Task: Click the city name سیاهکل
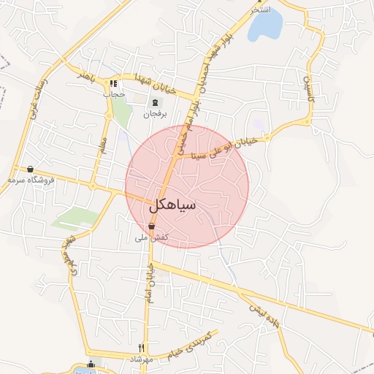click(176, 205)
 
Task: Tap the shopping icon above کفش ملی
click(151, 227)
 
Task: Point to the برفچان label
click(155, 115)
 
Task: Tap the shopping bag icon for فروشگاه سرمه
click(30, 169)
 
